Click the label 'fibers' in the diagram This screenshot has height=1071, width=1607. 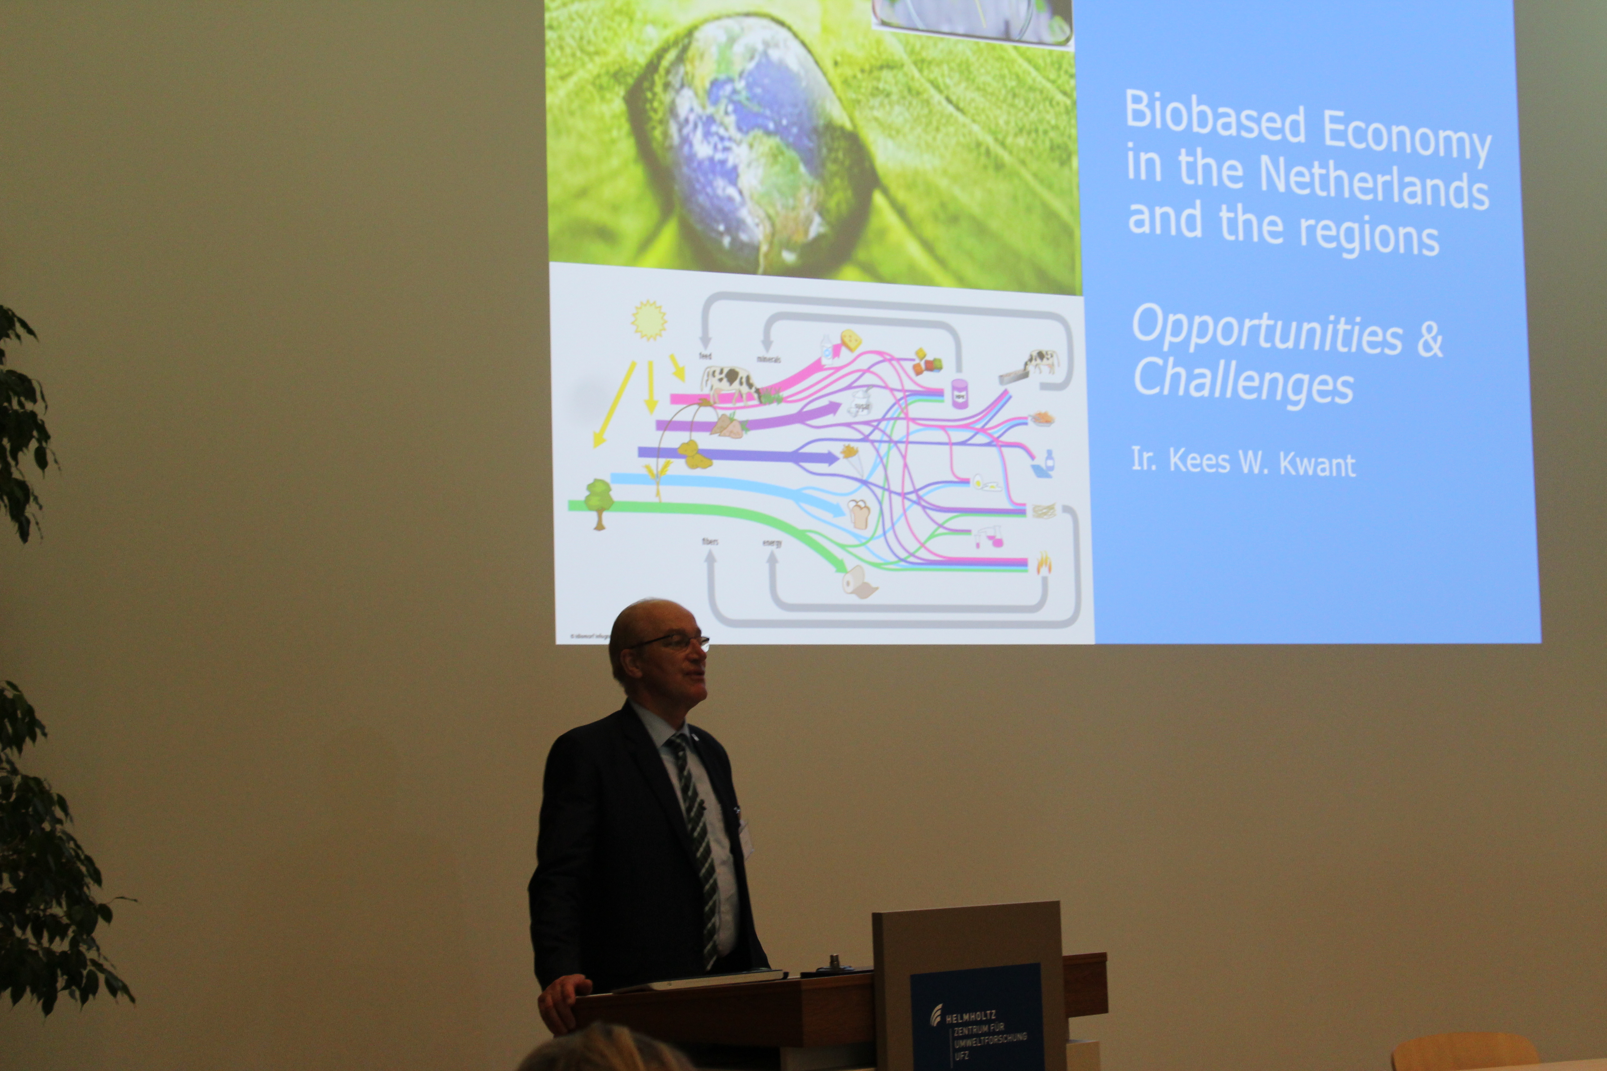click(710, 542)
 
